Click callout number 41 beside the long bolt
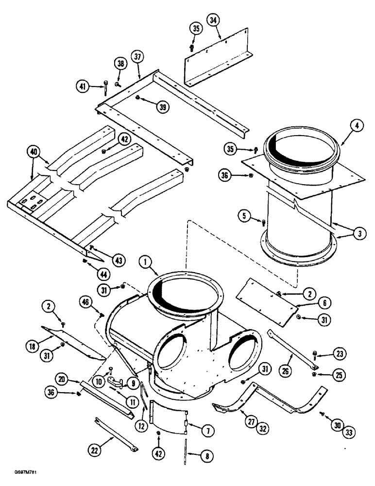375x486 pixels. tap(84, 86)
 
